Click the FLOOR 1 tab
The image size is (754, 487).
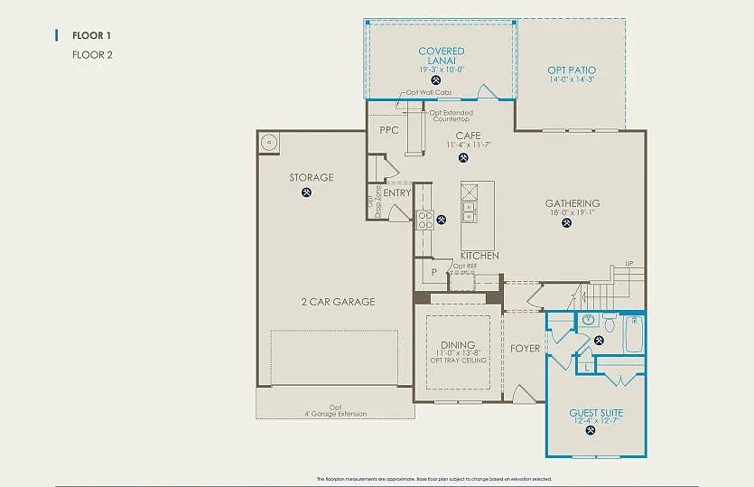91,35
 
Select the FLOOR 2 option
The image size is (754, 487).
92,54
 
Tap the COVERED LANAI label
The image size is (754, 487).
441,56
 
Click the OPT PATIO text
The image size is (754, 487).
572,70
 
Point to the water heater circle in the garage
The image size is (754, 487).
269,142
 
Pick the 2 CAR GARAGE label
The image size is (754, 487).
338,302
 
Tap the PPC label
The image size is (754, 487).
389,130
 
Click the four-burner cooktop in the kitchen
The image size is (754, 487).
424,220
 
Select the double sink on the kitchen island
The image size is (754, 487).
469,211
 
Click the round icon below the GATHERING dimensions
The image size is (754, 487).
566,223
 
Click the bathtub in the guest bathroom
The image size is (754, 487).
635,334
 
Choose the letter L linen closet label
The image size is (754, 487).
587,367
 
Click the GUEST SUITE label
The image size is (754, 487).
596,413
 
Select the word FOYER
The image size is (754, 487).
525,349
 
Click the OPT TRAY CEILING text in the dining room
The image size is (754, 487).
458,361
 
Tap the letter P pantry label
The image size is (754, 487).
433,272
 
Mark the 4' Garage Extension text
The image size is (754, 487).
335,414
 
